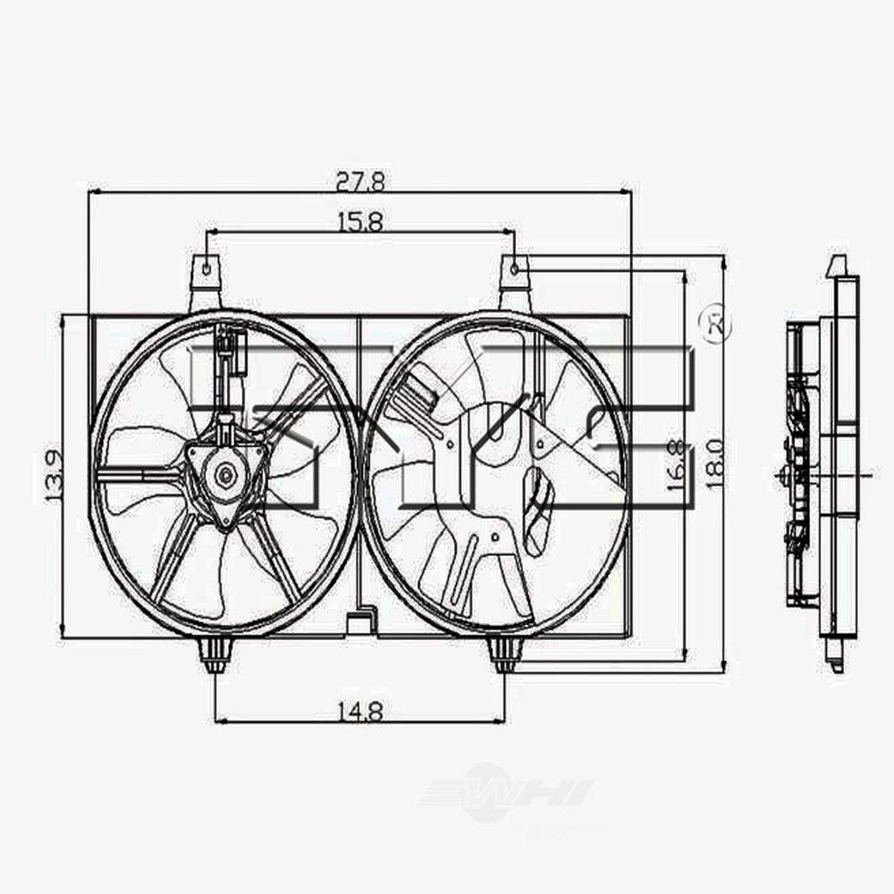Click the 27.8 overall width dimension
[x=360, y=181]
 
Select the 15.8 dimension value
[x=360, y=222]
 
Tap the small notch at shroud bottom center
[x=360, y=619]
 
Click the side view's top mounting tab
[x=836, y=266]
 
